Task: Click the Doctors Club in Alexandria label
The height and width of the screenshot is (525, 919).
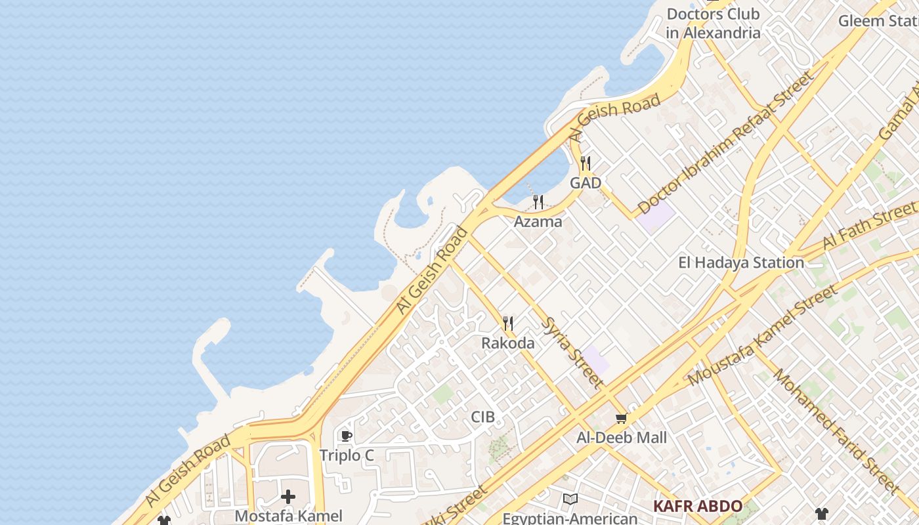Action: [x=713, y=23]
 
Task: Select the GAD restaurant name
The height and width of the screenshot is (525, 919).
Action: [x=586, y=183]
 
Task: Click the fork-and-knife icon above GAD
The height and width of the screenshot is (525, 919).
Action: [x=586, y=163]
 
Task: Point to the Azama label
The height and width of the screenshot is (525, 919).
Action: [x=538, y=222]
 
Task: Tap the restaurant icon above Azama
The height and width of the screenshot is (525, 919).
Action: [x=538, y=201]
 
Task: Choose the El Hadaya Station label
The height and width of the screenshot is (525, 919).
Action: [x=740, y=263]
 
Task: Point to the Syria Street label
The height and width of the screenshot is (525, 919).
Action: [x=572, y=351]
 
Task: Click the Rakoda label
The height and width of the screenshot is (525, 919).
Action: [x=507, y=343]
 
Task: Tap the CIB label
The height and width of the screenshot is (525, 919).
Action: [x=482, y=417]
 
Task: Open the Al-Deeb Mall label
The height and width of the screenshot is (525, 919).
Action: [x=621, y=438]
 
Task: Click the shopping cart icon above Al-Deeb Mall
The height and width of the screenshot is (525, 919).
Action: [x=621, y=418]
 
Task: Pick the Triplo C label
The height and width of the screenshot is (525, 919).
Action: [x=347, y=455]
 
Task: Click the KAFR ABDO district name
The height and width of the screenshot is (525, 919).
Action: [x=697, y=507]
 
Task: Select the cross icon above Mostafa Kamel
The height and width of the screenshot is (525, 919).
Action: [x=288, y=497]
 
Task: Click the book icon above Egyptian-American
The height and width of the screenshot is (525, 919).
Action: [x=570, y=499]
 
